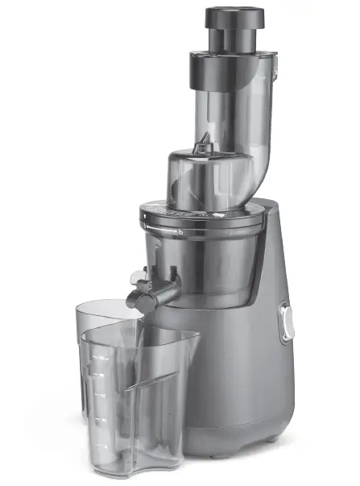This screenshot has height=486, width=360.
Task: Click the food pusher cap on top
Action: click(x=233, y=17)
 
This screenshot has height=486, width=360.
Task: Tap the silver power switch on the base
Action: click(x=285, y=322)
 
